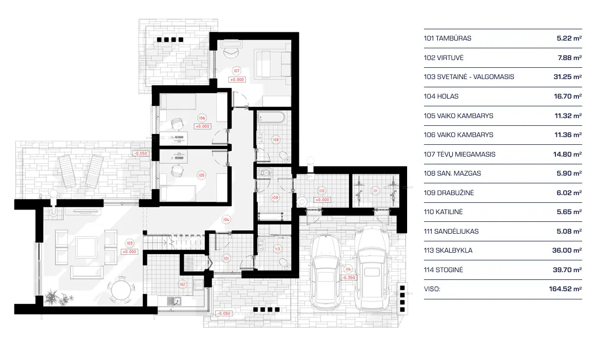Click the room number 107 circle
click(236, 70)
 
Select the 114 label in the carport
click(348, 269)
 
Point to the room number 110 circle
click(321, 190)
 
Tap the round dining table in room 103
click(121, 290)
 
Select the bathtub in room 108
click(270, 117)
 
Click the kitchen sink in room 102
click(176, 302)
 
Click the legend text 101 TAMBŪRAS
click(448, 39)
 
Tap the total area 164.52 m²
click(565, 289)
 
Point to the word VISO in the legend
click(432, 289)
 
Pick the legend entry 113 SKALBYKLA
click(448, 251)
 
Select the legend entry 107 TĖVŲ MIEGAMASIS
click(459, 154)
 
